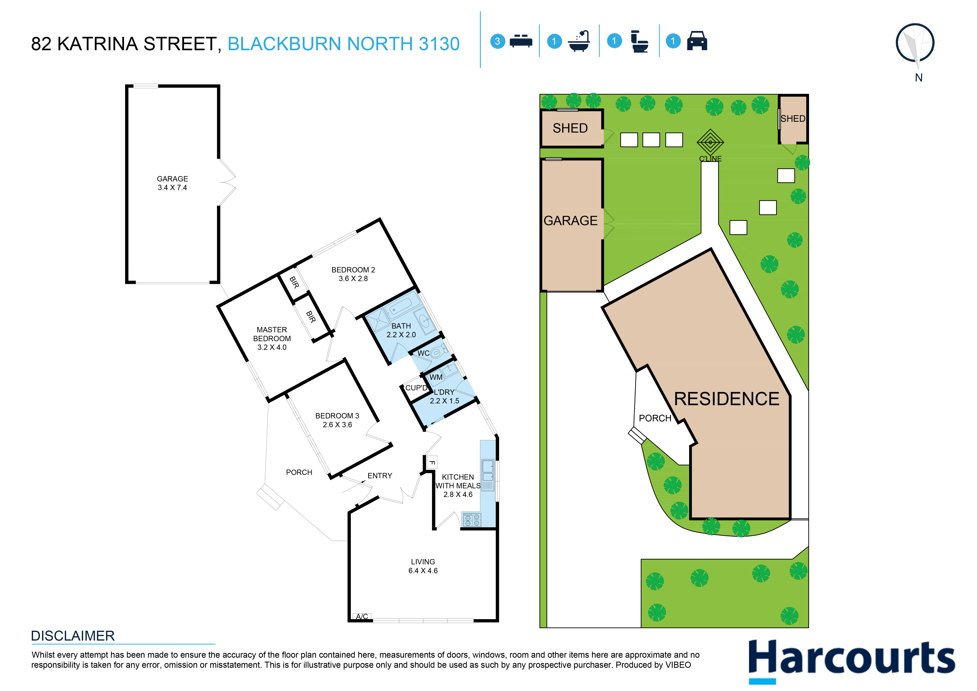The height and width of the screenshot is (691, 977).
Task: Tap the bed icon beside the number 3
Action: (x=521, y=41)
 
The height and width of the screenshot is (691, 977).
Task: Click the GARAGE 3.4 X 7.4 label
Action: (x=172, y=183)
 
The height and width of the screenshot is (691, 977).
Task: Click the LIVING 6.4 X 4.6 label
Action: (x=423, y=566)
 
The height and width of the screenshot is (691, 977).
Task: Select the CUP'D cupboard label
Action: (x=416, y=388)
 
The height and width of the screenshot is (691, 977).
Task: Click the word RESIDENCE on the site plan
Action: (x=727, y=399)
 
